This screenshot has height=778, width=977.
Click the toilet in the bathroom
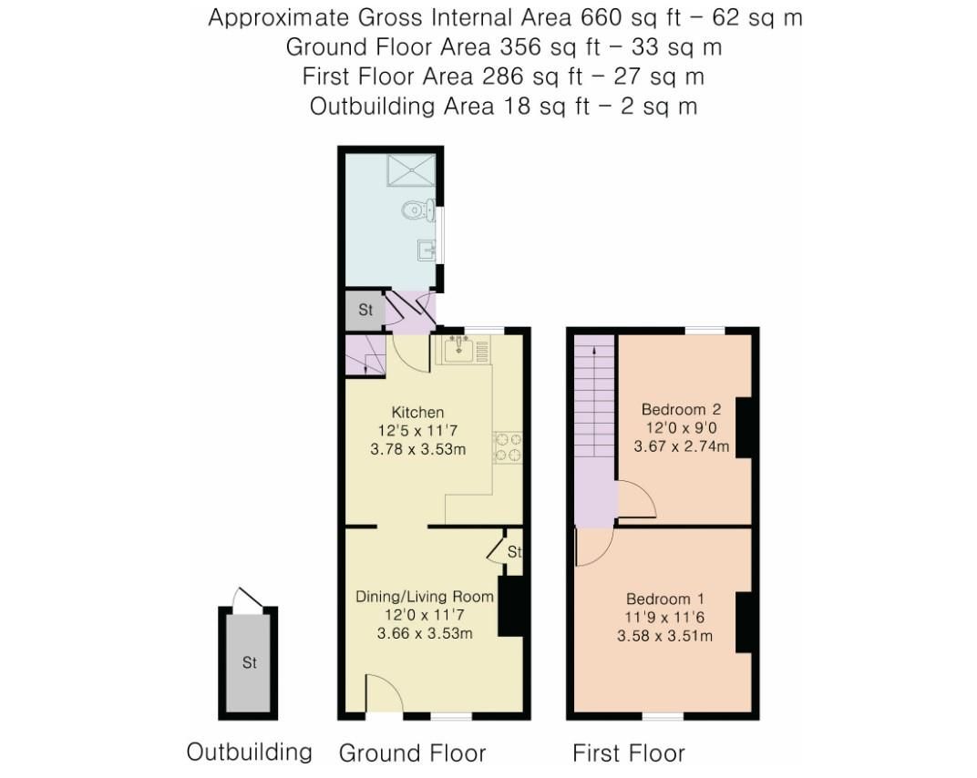pyautogui.click(x=416, y=211)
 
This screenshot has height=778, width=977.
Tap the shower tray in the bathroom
pyautogui.click(x=413, y=171)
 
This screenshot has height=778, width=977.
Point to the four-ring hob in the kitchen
pyautogui.click(x=508, y=447)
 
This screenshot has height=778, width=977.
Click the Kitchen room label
pyautogui.click(x=417, y=413)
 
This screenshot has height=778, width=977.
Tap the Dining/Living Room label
pyautogui.click(x=425, y=597)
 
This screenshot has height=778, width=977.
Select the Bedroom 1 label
pyautogui.click(x=664, y=599)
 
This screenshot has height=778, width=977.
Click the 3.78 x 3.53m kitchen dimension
pyautogui.click(x=417, y=449)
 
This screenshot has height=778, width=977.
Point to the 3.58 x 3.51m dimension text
pyautogui.click(x=664, y=635)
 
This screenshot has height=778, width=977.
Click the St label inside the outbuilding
pyautogui.click(x=249, y=663)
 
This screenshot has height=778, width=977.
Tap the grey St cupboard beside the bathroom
pyautogui.click(x=365, y=310)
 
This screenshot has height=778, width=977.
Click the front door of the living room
pyautogui.click(x=383, y=694)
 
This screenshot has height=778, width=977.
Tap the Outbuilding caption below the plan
pyautogui.click(x=249, y=752)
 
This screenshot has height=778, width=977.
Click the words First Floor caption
pyautogui.click(x=628, y=753)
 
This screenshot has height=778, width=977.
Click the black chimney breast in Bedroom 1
pyautogui.click(x=743, y=621)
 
